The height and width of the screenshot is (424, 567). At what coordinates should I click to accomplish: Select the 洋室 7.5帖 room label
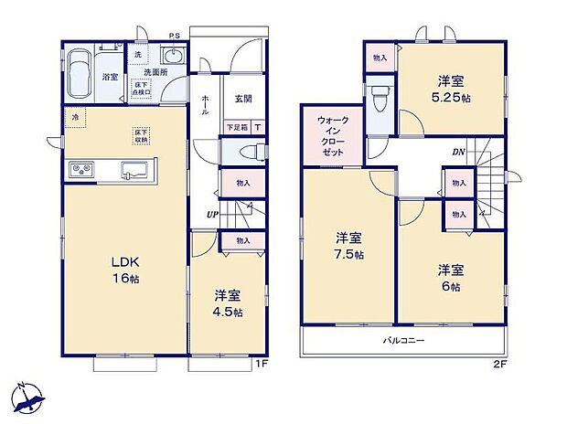pyautogui.click(x=348, y=247)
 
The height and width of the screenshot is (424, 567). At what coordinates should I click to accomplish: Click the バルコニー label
pyautogui.click(x=403, y=340)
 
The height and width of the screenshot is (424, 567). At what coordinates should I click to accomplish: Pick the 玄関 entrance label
pyautogui.click(x=243, y=99)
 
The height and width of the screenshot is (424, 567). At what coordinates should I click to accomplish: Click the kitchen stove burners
pyautogui.click(x=79, y=170)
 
